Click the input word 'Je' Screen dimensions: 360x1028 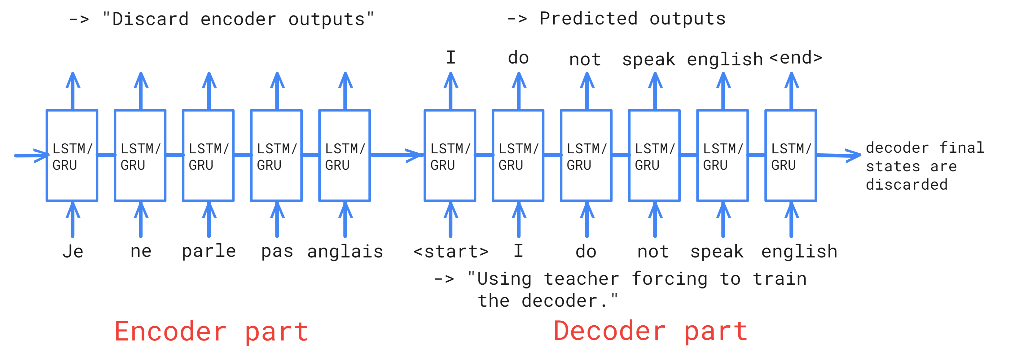click(x=72, y=252)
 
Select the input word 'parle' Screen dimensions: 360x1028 click(x=209, y=252)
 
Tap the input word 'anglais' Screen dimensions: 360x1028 click(x=345, y=252)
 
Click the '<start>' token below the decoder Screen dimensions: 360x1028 click(x=451, y=252)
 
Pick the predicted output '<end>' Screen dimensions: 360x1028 click(x=796, y=58)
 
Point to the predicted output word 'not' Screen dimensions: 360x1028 click(x=585, y=60)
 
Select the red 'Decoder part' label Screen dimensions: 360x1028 click(x=651, y=331)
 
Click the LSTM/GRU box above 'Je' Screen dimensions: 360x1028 click(x=72, y=156)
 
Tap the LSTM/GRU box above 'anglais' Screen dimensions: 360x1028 click(x=345, y=156)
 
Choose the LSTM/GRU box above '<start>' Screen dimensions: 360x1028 click(x=450, y=156)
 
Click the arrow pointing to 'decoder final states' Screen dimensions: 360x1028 click(x=838, y=155)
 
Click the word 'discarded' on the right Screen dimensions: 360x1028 click(x=906, y=185)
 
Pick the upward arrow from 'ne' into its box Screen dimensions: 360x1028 click(x=140, y=220)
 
